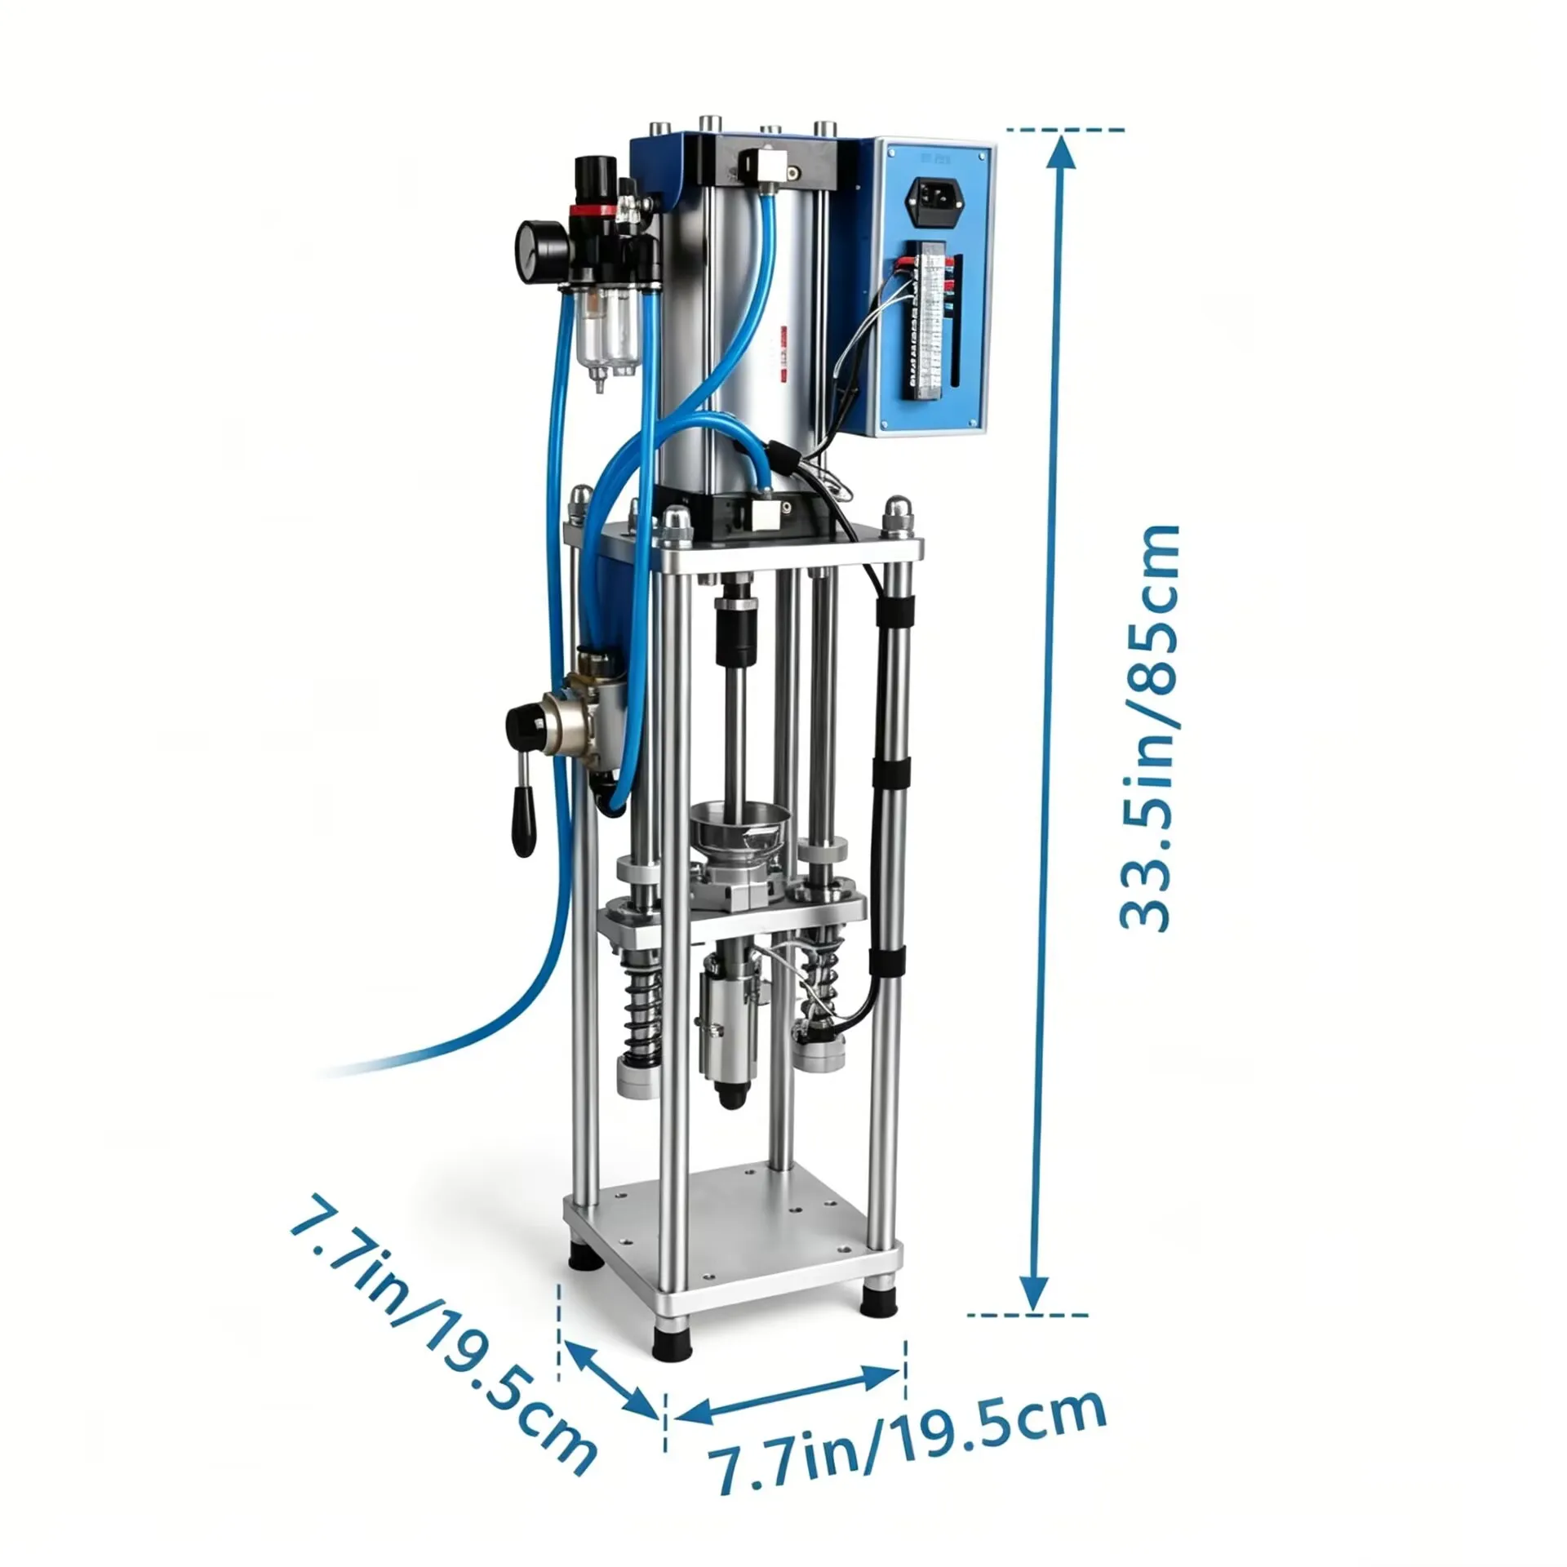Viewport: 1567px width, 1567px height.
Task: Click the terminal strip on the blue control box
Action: tap(930, 320)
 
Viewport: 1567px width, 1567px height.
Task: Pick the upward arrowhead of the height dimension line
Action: tap(1059, 152)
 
